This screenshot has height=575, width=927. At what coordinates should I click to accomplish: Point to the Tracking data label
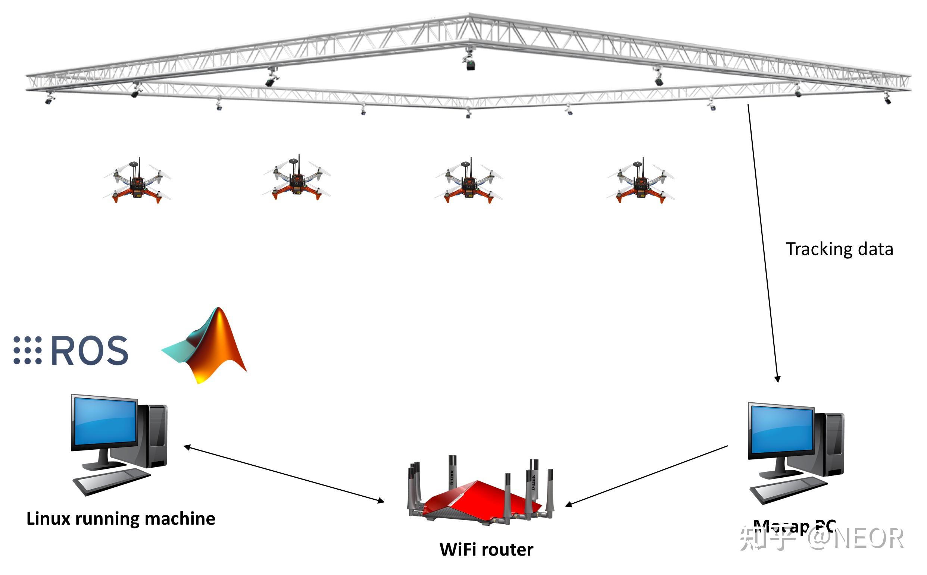(x=839, y=249)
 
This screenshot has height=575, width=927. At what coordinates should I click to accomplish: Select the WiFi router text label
(x=486, y=550)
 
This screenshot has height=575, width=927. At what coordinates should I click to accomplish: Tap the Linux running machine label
(x=121, y=519)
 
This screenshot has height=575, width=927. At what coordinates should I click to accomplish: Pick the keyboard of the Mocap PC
(x=789, y=491)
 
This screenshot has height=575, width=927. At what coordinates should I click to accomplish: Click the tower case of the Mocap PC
(x=833, y=445)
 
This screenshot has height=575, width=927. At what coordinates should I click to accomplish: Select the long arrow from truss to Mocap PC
(x=763, y=243)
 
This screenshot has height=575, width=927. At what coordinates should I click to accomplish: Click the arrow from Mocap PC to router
(x=647, y=476)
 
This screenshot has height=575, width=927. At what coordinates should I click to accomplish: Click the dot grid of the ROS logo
(x=27, y=350)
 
